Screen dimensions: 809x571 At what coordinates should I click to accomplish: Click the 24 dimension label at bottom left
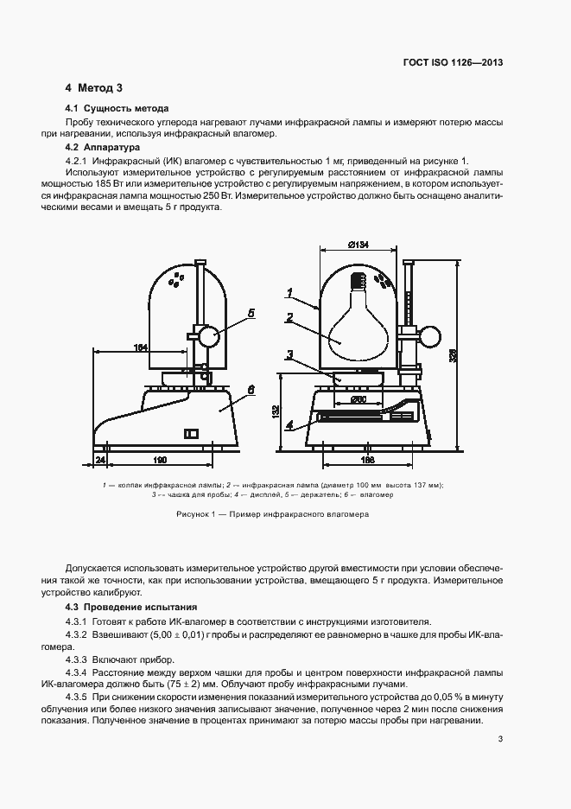pyautogui.click(x=100, y=460)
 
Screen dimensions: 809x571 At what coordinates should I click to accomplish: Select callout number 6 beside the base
pyautogui.click(x=250, y=390)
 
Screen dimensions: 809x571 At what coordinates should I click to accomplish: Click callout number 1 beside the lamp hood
pyautogui.click(x=290, y=291)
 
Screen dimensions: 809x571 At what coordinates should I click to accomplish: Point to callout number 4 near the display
pyautogui.click(x=290, y=424)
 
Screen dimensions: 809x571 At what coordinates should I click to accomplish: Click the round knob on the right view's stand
pyautogui.click(x=430, y=334)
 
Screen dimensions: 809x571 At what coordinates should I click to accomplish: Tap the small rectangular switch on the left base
pyautogui.click(x=192, y=433)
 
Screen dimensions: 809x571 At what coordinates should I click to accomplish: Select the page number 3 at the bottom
pyautogui.click(x=500, y=738)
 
